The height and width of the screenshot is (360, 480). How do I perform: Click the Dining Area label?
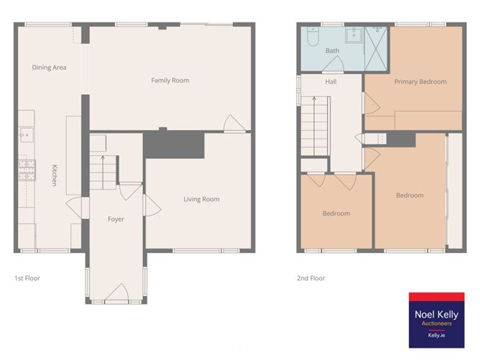point(49,68)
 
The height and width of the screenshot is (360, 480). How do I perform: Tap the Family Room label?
point(170,80)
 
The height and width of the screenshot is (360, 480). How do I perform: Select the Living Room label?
point(201,199)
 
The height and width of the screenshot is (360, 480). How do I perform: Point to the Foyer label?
point(116,219)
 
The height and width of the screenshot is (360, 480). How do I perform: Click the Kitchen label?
point(54,176)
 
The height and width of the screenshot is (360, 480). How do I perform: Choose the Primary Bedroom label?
point(420,82)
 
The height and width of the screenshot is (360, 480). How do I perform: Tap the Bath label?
point(332,51)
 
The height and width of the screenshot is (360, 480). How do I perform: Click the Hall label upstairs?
point(331,82)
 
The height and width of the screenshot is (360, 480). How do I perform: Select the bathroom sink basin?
point(353,34)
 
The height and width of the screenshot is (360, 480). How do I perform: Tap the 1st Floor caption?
point(27,277)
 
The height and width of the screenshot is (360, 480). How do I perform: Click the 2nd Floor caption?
point(311,278)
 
